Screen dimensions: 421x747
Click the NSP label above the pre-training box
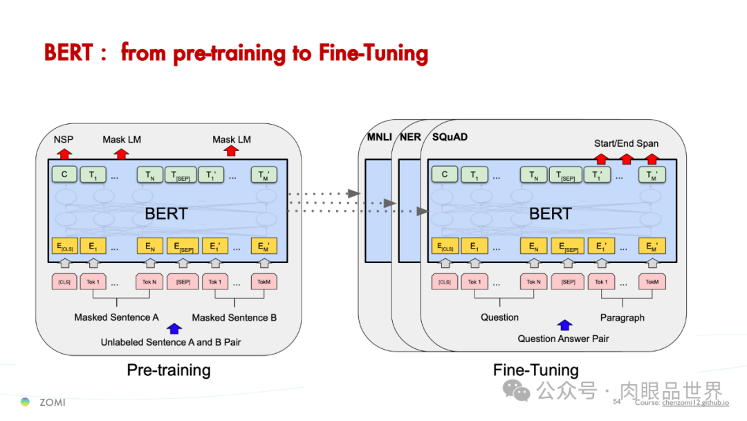pos(64,139)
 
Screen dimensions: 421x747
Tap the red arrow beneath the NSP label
pos(64,153)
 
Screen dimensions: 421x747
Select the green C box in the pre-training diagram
pos(64,174)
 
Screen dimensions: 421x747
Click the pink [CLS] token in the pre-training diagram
pos(64,282)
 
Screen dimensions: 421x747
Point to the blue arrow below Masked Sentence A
pos(174,329)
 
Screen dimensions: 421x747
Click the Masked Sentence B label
pos(234,318)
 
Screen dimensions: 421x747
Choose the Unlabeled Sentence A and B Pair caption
pos(171,342)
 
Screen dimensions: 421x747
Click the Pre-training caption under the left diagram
pos(169,370)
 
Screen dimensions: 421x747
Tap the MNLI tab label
pos(378,137)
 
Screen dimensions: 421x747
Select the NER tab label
pos(410,137)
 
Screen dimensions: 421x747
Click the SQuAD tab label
pos(450,137)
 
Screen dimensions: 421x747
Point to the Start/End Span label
pos(626,143)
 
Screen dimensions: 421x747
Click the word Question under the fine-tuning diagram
pos(499,317)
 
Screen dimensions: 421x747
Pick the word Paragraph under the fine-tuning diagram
pos(622,318)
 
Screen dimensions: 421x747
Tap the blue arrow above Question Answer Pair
pos(565,325)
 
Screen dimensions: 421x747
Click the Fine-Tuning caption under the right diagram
pos(535,370)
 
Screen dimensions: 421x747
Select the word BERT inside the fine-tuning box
pos(550,213)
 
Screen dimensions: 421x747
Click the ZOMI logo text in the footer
pos(52,402)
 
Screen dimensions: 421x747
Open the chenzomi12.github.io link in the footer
pos(695,402)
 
